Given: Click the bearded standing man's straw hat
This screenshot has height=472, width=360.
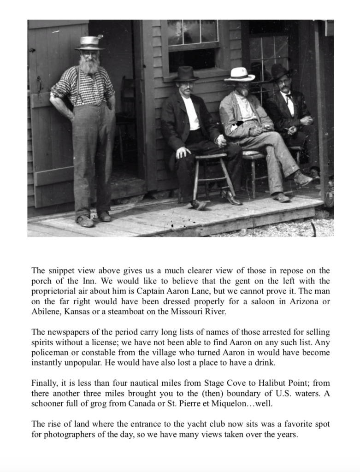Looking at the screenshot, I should pos(89,43).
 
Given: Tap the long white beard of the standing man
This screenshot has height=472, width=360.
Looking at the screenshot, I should pos(89,65).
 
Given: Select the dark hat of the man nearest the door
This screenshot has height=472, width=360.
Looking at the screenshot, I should pos(186,73).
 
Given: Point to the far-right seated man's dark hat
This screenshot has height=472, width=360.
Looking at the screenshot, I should pos(279,71).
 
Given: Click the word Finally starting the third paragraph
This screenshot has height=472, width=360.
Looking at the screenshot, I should pos(45,383).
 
